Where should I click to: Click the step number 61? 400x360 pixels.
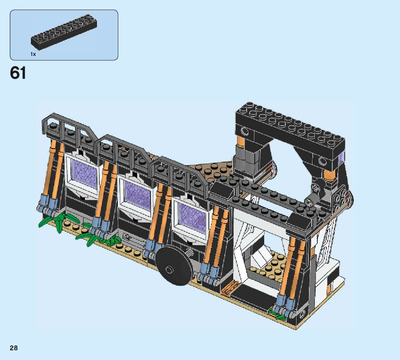point(18,73)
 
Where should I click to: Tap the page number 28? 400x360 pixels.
point(14,348)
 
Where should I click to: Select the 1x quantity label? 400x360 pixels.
point(33,54)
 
